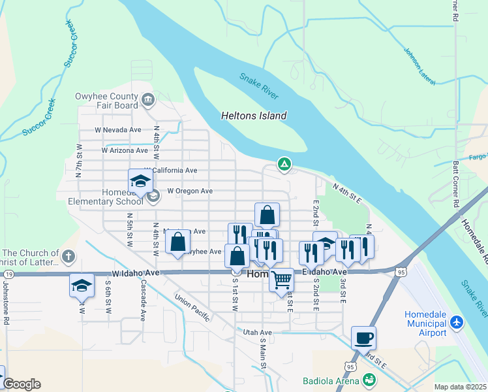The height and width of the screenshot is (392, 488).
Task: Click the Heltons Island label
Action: [x=254, y=116]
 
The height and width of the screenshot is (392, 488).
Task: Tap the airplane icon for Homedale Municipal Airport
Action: [x=456, y=322]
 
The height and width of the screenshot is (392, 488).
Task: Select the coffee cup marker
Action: [x=363, y=338]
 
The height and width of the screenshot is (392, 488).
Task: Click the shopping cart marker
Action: [x=281, y=280]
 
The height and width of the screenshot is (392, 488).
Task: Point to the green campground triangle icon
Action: [x=284, y=164]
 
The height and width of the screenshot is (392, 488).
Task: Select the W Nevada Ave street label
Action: [x=117, y=130]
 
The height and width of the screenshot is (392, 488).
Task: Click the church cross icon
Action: [x=69, y=255]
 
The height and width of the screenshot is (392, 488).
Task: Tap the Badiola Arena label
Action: [x=331, y=381]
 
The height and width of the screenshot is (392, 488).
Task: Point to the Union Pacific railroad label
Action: [x=192, y=307]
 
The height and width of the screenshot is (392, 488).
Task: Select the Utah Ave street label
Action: [x=257, y=333]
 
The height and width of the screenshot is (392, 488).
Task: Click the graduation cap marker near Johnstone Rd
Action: [x=82, y=286]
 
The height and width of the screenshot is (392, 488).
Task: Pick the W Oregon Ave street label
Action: [x=190, y=191]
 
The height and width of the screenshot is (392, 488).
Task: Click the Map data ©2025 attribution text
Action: [x=460, y=387]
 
